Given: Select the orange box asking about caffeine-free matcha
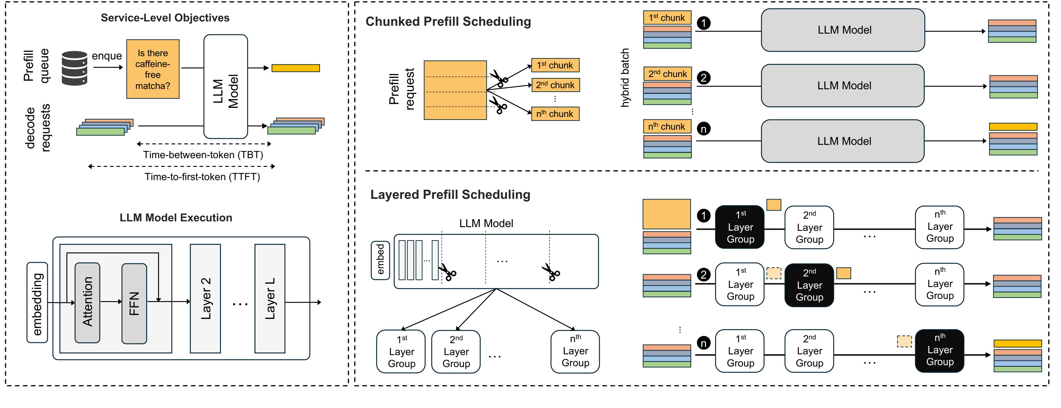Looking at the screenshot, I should coord(153,69).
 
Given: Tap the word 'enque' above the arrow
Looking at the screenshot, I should coord(107,56).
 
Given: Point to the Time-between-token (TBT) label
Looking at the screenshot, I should coord(203,155).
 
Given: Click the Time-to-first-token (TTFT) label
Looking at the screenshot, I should coord(202,177).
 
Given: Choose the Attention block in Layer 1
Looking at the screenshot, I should coord(87,302).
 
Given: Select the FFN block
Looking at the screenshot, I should coord(134,304).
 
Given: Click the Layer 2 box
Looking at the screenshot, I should coord(205,298).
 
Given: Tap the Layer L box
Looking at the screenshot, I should coord(270,298).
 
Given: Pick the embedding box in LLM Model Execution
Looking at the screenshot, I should coord(37,302).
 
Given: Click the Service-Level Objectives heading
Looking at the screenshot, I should coord(165,18).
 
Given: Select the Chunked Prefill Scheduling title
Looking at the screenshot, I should coord(448,21).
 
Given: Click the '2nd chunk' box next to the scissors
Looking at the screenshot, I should coord(555,85).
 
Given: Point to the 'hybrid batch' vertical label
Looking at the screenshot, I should coord(625,78).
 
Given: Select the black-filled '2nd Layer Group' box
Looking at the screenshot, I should coord(809,285).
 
